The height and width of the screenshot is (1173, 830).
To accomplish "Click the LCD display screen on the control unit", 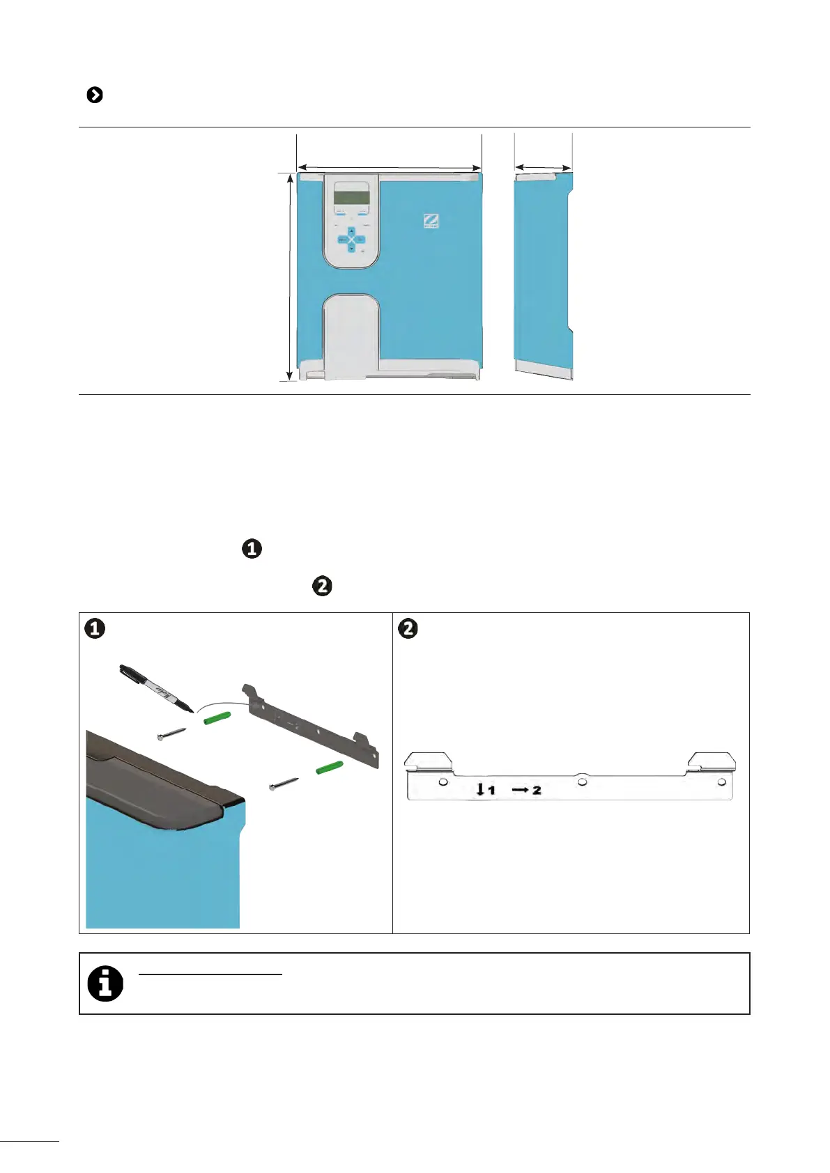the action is tap(351, 194).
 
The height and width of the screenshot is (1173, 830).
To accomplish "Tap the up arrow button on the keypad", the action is tap(351, 231).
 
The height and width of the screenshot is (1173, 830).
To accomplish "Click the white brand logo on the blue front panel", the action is tap(431, 221).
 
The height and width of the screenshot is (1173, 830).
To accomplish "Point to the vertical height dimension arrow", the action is tap(290, 277).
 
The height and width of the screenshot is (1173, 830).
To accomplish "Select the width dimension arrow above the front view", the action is tap(389, 167).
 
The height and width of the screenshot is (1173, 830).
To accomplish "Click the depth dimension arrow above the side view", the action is tap(543, 167).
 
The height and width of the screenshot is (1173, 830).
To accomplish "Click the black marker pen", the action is tap(155, 688).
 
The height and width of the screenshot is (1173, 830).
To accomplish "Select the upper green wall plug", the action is tap(217, 718).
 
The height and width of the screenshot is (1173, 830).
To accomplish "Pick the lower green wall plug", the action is tap(330, 768).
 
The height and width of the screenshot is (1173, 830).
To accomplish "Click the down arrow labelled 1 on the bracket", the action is tap(480, 790).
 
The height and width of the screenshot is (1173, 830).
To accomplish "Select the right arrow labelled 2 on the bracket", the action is tap(521, 790).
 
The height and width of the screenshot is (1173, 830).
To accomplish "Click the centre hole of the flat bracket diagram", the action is tap(582, 782).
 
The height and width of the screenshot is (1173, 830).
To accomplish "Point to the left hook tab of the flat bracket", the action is tap(429, 761).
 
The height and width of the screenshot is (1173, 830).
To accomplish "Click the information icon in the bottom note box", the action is tap(105, 984).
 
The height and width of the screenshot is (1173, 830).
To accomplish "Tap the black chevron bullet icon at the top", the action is tap(95, 95).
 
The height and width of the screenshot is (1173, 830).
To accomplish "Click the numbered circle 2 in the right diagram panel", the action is tap(408, 628).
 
